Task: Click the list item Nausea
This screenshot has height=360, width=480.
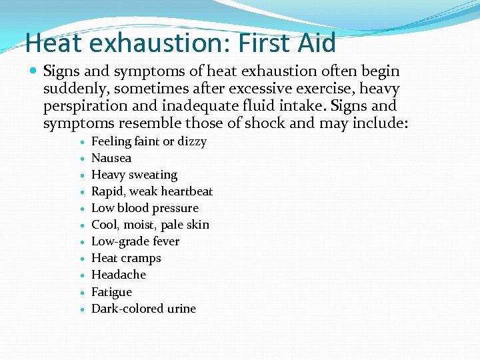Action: [x=111, y=158]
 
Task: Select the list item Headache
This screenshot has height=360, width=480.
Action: [x=119, y=275]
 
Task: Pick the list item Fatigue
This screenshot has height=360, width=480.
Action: [x=111, y=292]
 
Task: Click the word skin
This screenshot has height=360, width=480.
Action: [x=197, y=225]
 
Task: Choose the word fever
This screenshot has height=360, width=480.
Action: [x=165, y=241]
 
